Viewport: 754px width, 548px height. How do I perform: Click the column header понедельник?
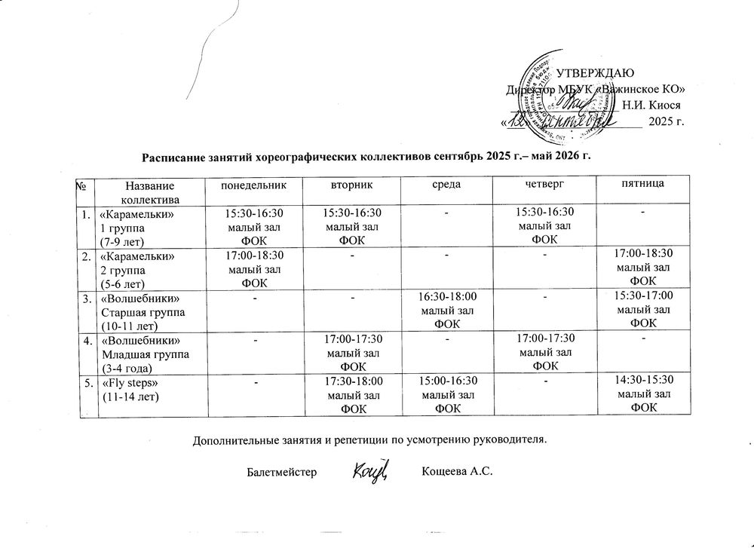click(x=253, y=184)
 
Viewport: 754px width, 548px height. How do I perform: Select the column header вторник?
click(x=351, y=184)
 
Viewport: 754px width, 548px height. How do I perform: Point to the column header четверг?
click(x=544, y=184)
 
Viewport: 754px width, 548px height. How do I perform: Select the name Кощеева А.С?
click(x=457, y=473)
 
